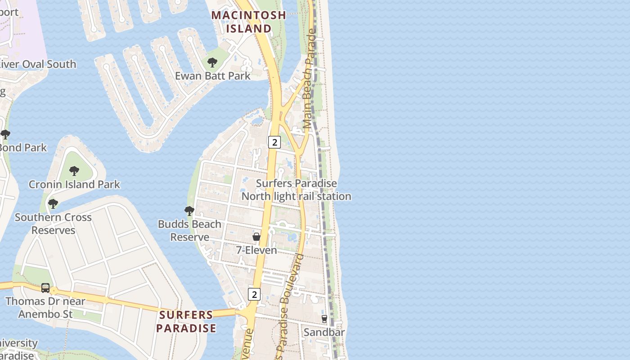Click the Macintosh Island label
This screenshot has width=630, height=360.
click(248, 22)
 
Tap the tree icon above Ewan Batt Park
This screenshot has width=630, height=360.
click(212, 63)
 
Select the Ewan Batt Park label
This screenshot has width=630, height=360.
click(212, 76)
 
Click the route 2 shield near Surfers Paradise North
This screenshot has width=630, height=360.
click(274, 142)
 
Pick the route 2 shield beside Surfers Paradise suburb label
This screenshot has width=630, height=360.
click(254, 294)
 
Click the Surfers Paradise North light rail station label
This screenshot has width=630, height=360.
click(296, 190)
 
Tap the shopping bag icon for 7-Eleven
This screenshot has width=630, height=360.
click(256, 237)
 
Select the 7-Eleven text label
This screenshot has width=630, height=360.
click(256, 250)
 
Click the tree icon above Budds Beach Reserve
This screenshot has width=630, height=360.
click(189, 211)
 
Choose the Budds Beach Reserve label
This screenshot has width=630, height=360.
click(189, 230)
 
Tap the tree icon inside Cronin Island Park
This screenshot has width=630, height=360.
click(74, 171)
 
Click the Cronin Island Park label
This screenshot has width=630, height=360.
click(74, 184)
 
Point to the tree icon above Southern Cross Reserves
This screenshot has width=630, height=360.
click(53, 204)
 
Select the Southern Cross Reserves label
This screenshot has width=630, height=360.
click(53, 224)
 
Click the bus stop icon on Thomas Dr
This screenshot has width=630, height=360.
click(45, 288)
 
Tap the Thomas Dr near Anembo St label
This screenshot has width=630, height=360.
click(45, 307)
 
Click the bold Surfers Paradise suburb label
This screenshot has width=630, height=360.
click(186, 321)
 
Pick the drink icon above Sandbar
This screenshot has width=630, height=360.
click(324, 319)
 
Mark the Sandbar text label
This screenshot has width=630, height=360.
click(324, 332)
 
